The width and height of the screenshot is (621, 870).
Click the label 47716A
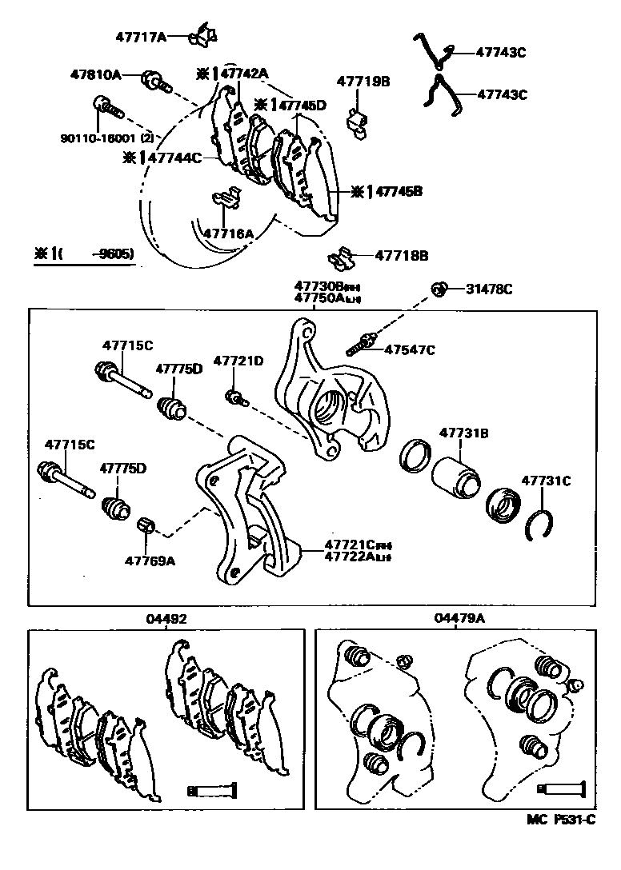pos(228,233)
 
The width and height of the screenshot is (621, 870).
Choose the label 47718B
pos(402,256)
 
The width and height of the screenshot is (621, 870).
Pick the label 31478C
pos(490,289)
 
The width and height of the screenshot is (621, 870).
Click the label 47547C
pos(410,349)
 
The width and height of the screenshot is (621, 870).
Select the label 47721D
pos(238,361)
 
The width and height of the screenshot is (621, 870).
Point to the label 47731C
pos(546,481)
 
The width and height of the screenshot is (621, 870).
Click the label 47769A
pos(149,561)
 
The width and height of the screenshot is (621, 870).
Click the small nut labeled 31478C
pos(439,289)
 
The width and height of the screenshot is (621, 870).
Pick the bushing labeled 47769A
pos(147,526)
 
